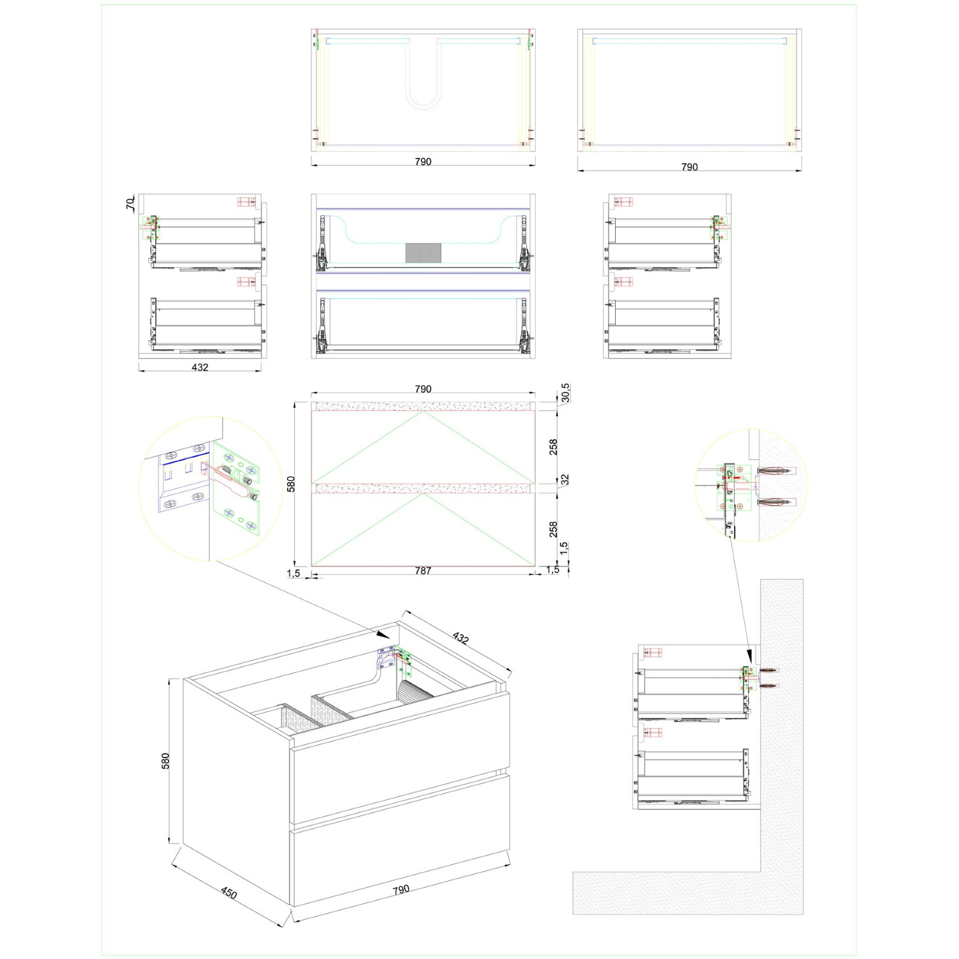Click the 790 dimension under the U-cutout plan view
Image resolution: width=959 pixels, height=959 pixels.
pyautogui.click(x=423, y=162)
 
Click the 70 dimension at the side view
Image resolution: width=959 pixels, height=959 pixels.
pyautogui.click(x=130, y=204)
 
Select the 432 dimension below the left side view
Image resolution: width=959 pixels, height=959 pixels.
pyautogui.click(x=200, y=367)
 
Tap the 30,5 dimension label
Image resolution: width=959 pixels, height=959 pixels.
pyautogui.click(x=565, y=393)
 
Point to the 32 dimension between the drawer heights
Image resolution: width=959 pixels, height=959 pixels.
pyautogui.click(x=565, y=479)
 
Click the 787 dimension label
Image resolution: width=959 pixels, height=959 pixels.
pyautogui.click(x=423, y=570)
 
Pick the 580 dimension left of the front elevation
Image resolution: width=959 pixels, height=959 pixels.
pyautogui.click(x=292, y=483)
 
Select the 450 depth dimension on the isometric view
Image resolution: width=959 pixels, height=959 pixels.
pyautogui.click(x=229, y=893)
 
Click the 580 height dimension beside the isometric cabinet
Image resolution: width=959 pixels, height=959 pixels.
pyautogui.click(x=166, y=761)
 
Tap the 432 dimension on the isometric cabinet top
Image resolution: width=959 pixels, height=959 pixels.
pyautogui.click(x=460, y=637)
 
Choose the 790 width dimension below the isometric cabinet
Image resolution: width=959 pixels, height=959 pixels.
pyautogui.click(x=400, y=889)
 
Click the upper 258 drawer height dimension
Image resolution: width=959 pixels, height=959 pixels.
pyautogui.click(x=554, y=446)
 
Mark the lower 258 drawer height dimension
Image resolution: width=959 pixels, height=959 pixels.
pyautogui.click(x=554, y=529)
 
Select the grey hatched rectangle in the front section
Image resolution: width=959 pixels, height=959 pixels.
pyautogui.click(x=423, y=253)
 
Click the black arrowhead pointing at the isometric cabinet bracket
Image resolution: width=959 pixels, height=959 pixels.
pyautogui.click(x=384, y=634)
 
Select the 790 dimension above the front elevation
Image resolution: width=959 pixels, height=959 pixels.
pyautogui.click(x=423, y=389)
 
